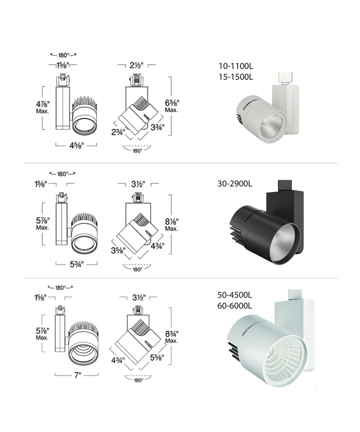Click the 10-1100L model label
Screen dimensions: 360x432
[x=236, y=66]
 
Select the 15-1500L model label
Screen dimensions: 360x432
[x=236, y=77]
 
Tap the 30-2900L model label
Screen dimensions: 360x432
[x=235, y=184]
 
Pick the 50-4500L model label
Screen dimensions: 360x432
[x=235, y=295]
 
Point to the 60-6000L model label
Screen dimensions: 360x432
[x=235, y=306]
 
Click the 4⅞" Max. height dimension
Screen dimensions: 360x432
[x=43, y=107]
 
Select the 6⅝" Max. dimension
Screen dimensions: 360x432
[x=172, y=106]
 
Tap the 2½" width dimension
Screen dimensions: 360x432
[x=136, y=66]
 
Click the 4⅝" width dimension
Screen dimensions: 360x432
[x=77, y=146]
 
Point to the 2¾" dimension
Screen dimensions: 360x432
[x=118, y=132]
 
